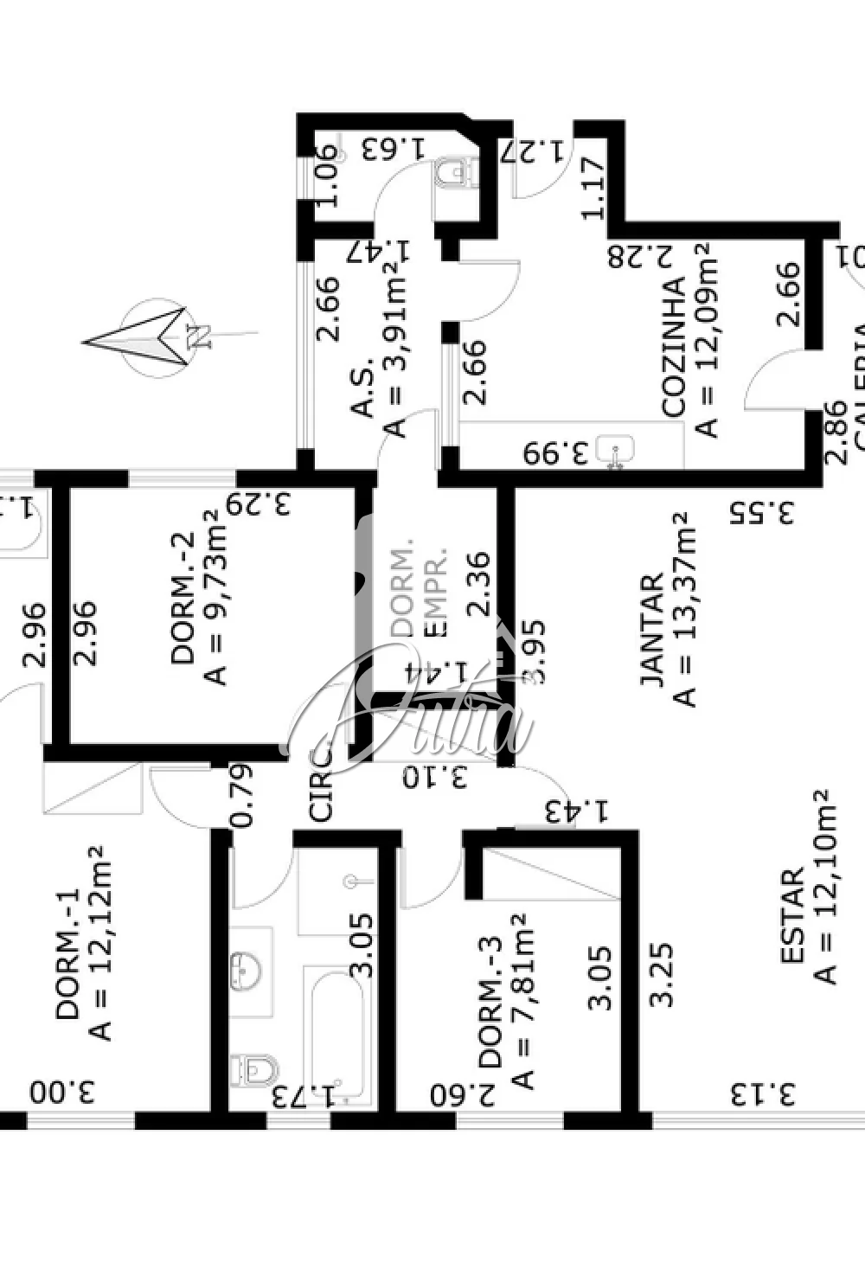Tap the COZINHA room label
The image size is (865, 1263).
pos(674,347)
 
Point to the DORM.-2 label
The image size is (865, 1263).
pos(183,597)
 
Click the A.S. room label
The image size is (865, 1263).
pos(364,388)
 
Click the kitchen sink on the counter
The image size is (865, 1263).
pos(617,449)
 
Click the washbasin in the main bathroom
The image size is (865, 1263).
pos(247,969)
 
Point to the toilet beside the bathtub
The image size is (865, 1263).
pos(255,1069)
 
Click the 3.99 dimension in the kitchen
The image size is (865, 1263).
pos(557,452)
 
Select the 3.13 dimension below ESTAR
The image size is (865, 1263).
pos(762,1094)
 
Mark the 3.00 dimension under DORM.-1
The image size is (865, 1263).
pos(62,1092)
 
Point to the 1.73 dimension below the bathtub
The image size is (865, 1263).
pos(303,1097)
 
